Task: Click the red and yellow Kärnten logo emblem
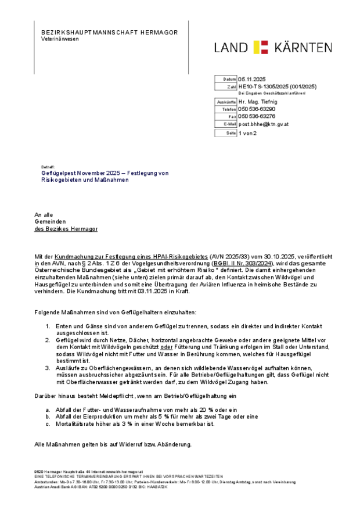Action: [261, 48]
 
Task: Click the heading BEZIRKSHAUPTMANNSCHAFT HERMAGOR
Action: [110, 32]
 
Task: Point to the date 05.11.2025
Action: [251, 79]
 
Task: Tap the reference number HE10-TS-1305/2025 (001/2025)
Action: [278, 87]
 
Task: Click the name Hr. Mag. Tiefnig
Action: [258, 102]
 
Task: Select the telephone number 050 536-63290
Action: [257, 109]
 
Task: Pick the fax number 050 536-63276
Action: [257, 116]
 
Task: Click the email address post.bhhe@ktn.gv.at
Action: [264, 124]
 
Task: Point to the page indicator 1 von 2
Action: [248, 133]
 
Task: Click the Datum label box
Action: [226, 79]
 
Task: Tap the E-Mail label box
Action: [226, 124]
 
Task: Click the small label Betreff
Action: [48, 166]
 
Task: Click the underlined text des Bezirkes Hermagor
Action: [66, 229]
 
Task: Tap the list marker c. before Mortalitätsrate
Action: [47, 423]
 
